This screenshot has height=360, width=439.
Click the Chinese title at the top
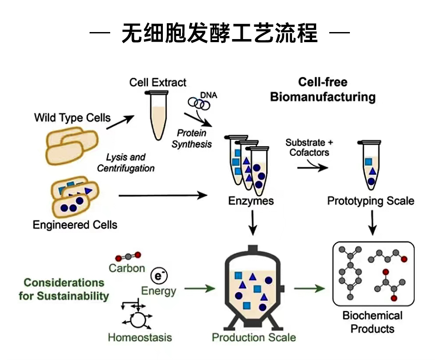(x=219, y=32)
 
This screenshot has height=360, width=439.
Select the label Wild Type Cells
(x=72, y=118)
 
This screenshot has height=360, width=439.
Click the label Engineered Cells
(x=75, y=225)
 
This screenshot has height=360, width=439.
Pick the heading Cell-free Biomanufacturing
(x=323, y=90)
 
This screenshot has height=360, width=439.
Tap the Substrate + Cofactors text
(x=309, y=148)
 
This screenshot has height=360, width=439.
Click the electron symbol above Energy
(x=158, y=275)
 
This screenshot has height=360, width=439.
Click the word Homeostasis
(x=140, y=338)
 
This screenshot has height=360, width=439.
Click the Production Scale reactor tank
(x=252, y=290)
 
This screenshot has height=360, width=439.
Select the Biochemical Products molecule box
(x=373, y=274)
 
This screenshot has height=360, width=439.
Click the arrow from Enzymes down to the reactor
(x=252, y=223)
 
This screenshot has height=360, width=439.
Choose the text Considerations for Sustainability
(x=64, y=289)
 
